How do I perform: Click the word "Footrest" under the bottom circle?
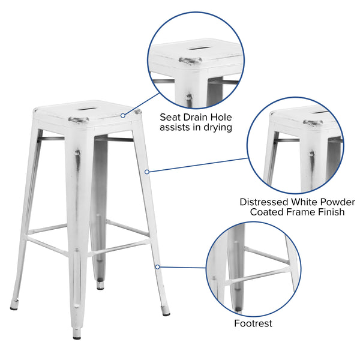[x=253, y=323]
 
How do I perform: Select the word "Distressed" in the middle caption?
[x=264, y=202]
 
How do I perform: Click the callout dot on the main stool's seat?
[x=123, y=115]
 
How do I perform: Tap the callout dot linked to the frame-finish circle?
[x=147, y=172]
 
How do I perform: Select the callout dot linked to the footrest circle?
[x=157, y=267]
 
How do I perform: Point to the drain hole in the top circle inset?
[x=199, y=48]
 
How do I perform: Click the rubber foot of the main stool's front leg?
[x=77, y=334]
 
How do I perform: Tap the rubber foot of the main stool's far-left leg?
[x=14, y=305]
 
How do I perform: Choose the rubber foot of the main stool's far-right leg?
[x=166, y=311]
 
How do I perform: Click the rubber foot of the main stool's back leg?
[x=100, y=284]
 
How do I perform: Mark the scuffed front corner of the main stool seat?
[x=79, y=120]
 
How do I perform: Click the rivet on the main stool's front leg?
[x=77, y=152]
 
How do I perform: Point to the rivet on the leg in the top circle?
[x=189, y=97]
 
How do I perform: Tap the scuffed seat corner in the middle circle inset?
[x=313, y=123]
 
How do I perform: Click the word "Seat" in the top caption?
[x=170, y=118]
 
